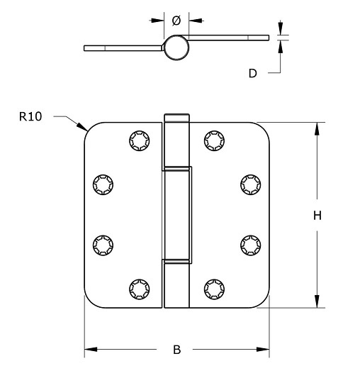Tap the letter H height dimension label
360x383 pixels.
317,216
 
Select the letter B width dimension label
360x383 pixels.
176,349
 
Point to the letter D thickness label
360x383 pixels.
253,73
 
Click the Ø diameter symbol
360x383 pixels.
176,21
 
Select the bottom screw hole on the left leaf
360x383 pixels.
137,288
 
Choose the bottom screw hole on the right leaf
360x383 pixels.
213,288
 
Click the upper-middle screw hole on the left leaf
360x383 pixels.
103,184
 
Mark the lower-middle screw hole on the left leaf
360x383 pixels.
103,244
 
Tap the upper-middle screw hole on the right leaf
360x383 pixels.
249,184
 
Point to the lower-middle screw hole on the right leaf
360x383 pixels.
249,244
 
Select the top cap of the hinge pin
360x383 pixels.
177,117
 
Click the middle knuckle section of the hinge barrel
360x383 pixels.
177,214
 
